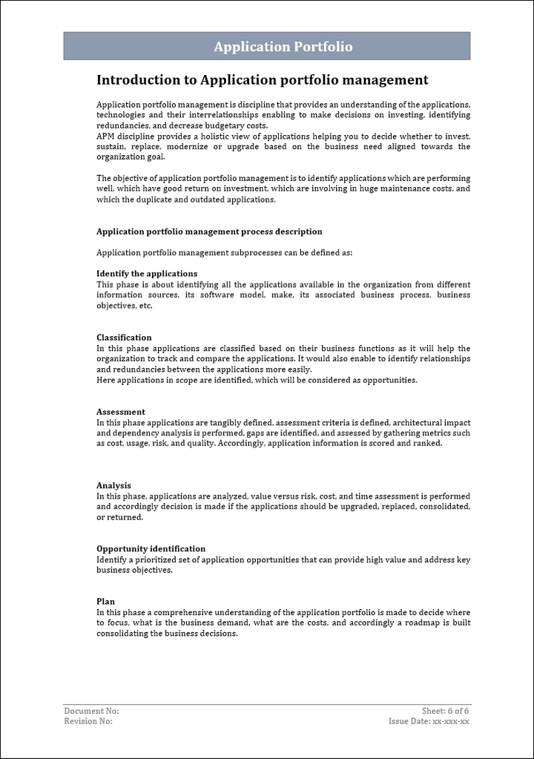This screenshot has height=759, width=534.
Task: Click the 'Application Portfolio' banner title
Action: pos(283,47)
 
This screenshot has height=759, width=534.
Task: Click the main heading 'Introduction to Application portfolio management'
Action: pos(263,80)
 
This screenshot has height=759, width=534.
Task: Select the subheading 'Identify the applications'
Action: pos(147,274)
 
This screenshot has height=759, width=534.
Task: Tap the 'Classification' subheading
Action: pos(124,338)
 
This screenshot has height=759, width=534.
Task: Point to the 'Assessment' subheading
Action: pos(121,412)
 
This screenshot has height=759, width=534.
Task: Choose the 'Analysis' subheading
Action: pos(113,486)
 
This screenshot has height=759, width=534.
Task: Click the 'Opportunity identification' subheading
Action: pos(151,549)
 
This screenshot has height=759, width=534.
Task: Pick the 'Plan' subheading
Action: pos(105,602)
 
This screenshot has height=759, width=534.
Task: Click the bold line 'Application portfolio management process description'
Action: pos(209,231)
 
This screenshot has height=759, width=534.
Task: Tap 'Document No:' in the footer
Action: pos(91,711)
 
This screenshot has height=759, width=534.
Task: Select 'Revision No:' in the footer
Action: pos(88,721)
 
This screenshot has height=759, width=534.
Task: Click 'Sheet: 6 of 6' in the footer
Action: pos(445,711)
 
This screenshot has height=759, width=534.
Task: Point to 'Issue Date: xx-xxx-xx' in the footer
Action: pos(429,721)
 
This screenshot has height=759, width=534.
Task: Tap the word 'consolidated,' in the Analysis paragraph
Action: pos(444,507)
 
